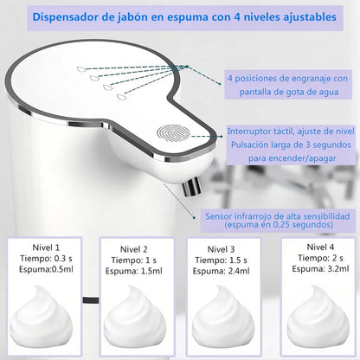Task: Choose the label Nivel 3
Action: tap(222, 247)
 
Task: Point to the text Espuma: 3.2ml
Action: tap(317, 269)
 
